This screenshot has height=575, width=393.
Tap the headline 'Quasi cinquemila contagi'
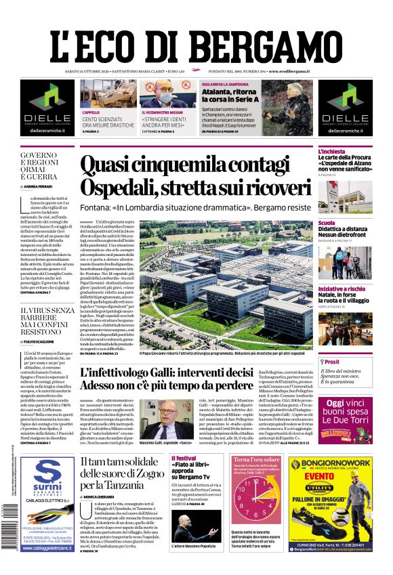pos(196,166)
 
